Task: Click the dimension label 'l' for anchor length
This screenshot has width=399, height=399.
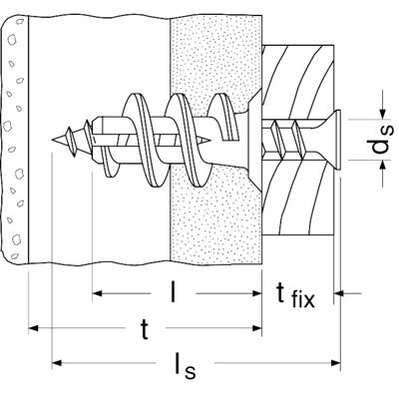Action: point(173,291)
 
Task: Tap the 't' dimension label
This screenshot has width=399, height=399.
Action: point(145,329)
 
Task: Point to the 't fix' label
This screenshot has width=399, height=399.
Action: point(295,294)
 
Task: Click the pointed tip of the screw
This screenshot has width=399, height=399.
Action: point(54,140)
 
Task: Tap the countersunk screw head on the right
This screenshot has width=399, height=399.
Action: point(336,140)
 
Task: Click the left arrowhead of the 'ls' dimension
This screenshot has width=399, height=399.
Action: point(57,362)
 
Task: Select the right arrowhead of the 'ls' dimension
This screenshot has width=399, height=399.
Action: point(335,362)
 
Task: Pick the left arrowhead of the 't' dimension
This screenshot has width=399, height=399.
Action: point(34,328)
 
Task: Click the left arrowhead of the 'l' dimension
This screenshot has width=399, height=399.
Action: point(97,293)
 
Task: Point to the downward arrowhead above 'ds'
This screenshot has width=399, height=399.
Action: point(382,114)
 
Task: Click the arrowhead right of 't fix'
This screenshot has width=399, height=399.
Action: point(338,293)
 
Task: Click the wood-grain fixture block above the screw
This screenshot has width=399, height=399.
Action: point(298,80)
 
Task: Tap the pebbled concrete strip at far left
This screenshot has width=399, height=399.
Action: point(15,140)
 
